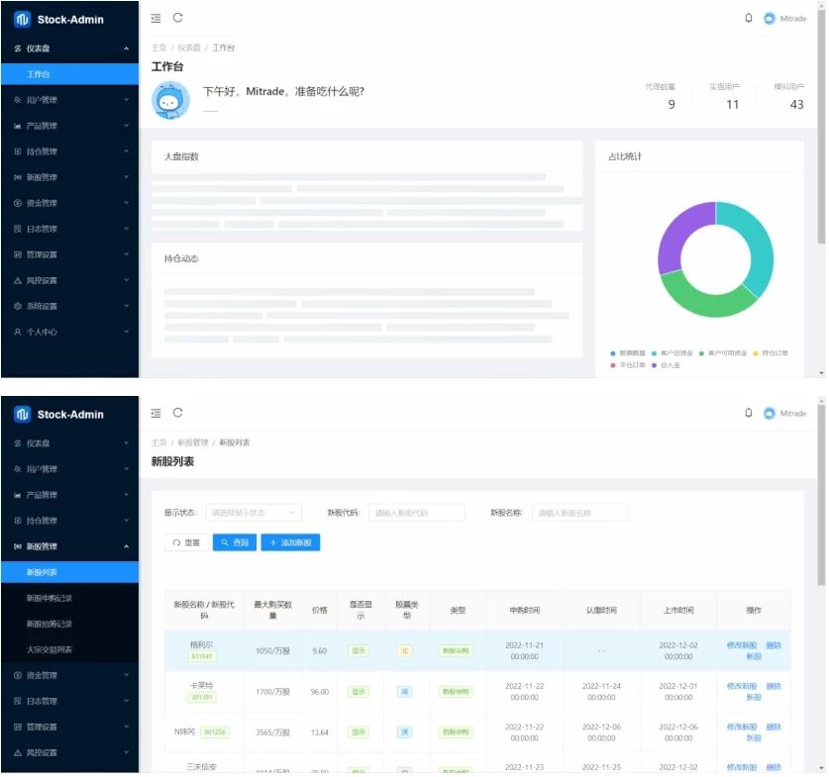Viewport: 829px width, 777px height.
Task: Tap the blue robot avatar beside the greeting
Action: point(170,100)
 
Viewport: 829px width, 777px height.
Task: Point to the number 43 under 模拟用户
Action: point(796,105)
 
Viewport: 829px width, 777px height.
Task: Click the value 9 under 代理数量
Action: point(672,105)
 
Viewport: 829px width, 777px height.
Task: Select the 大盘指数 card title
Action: point(181,156)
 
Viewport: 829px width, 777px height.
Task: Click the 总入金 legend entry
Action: point(668,365)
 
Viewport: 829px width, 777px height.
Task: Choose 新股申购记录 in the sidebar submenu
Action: point(50,598)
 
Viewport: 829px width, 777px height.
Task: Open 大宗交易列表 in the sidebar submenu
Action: point(50,649)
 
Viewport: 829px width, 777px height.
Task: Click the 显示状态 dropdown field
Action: point(253,513)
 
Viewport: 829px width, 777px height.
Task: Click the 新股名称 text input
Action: point(579,513)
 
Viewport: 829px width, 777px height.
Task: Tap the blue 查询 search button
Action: point(235,542)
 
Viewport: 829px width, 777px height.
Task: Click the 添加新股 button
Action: point(290,542)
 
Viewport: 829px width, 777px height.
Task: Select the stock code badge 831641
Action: point(201,656)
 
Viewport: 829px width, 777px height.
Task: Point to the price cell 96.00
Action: point(319,692)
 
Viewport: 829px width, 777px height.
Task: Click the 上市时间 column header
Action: point(678,610)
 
